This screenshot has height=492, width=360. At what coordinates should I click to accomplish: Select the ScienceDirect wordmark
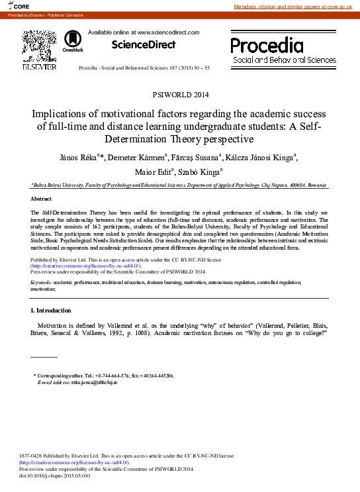click(143, 45)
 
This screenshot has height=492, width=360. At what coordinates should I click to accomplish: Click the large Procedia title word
click(267, 45)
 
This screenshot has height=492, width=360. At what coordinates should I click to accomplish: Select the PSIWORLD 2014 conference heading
click(180, 95)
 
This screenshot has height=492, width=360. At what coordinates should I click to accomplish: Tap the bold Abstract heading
click(41, 199)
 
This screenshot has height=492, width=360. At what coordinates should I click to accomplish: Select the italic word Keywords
click(42, 282)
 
